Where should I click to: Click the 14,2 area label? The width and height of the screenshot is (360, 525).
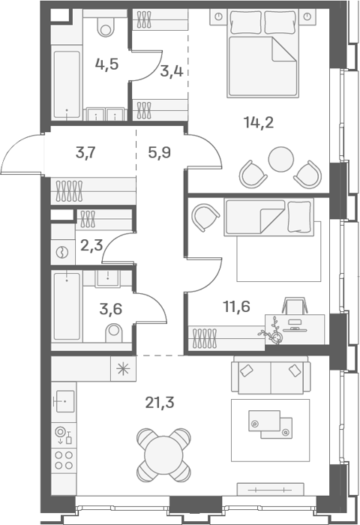pos(259,122)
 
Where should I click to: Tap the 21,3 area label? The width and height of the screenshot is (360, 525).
pos(160,402)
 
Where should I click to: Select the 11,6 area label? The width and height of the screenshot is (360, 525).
pos(236,306)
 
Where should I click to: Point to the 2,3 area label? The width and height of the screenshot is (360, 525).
pos(91,245)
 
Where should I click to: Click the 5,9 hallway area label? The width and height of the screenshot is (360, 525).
pos(160,153)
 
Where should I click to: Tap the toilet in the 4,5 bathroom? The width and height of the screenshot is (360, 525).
pos(106,26)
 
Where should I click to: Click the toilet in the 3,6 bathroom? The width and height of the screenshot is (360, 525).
pos(114,332)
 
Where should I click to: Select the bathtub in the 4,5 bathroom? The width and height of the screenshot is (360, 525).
pos(67,85)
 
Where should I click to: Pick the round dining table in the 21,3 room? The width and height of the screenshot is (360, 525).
pos(163,455)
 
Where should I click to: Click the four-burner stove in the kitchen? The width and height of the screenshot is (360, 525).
pos(64,460)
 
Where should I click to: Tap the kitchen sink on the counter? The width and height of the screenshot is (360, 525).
pos(64,401)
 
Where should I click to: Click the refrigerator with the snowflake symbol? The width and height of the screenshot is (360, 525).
pos(123,369)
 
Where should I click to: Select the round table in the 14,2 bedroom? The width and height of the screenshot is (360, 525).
pos(281,159)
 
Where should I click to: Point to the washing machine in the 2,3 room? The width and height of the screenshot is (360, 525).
pos(62,252)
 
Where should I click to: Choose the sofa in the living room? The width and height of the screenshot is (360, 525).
pos(271,375)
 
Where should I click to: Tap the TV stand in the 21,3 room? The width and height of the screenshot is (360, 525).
pos(270,489)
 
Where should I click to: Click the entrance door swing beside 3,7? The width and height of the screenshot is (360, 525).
pos(21,153)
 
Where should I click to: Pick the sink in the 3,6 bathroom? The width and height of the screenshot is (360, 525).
pos(108,278)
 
